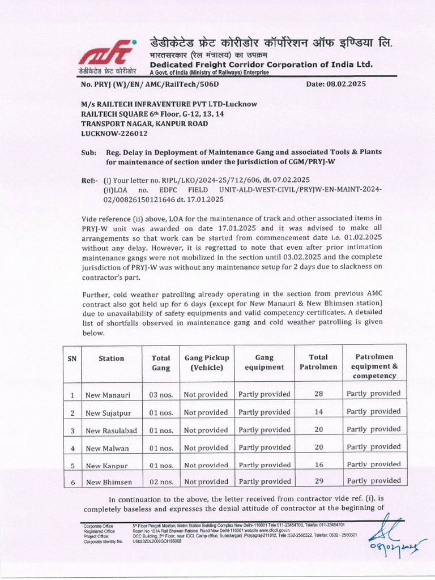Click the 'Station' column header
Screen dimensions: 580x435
(111, 358)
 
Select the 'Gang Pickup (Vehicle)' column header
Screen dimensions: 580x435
(206, 362)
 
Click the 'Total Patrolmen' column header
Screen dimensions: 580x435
(318, 362)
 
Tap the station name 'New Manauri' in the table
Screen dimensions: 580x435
(107, 394)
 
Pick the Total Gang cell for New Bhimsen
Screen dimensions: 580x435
(161, 482)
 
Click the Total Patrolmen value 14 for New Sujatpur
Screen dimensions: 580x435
(318, 412)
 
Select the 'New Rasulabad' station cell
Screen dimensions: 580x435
(111, 430)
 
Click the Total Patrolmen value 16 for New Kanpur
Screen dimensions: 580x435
(318, 464)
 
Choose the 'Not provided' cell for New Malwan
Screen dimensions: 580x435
(206, 447)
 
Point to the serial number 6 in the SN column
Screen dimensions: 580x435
(72, 482)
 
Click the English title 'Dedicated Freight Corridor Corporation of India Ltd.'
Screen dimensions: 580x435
(261, 65)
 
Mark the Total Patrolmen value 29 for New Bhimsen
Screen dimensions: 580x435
(318, 481)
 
